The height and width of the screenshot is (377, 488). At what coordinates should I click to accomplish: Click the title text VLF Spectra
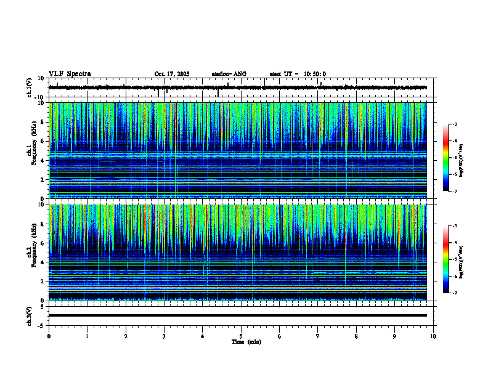coord(70,74)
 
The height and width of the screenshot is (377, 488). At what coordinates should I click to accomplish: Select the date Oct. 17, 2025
coord(172,74)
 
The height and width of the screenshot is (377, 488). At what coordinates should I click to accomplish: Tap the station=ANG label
coord(229,74)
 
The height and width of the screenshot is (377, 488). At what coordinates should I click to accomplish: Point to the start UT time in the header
coord(298,74)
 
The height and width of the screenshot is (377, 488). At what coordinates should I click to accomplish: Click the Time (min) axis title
coord(246,341)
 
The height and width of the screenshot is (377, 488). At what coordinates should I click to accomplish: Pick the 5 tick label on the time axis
coord(241,336)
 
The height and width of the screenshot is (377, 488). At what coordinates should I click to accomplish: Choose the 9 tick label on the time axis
coord(395,336)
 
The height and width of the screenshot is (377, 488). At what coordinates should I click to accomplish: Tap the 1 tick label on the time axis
coord(87,336)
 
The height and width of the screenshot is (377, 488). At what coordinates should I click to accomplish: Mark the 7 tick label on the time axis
coord(318,336)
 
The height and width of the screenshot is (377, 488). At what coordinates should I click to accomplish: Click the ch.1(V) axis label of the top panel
coord(29,87)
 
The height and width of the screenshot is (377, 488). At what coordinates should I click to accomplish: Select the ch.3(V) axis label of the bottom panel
coord(29,315)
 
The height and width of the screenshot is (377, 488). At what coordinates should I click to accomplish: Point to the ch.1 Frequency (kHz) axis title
coord(30,151)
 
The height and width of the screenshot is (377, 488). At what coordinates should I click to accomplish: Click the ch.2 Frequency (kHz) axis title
coord(30,253)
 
